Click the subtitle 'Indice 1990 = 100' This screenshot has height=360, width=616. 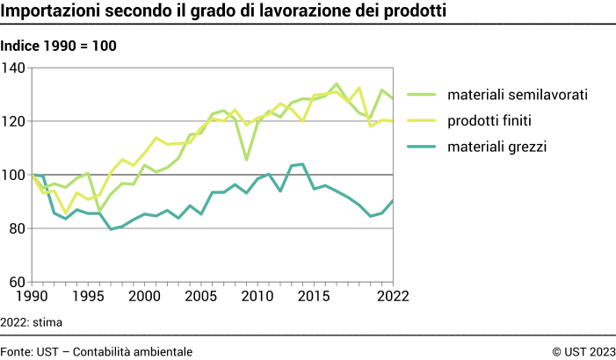point(58,46)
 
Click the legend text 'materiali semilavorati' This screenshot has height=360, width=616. point(517,94)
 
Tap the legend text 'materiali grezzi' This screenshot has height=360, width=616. point(497,147)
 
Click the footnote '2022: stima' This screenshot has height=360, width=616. point(32,322)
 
